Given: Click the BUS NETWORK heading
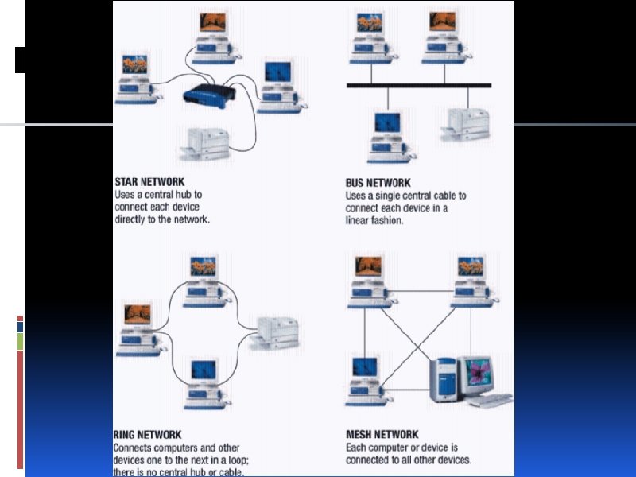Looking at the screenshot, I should [x=378, y=183].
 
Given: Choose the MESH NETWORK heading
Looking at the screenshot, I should [x=382, y=435].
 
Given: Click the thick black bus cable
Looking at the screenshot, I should [x=418, y=84].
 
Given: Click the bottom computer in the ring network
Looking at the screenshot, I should [x=200, y=380].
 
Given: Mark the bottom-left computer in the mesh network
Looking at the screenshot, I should [x=366, y=378].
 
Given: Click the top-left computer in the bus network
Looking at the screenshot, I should [x=369, y=36].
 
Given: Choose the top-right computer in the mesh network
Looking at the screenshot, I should [x=470, y=278].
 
